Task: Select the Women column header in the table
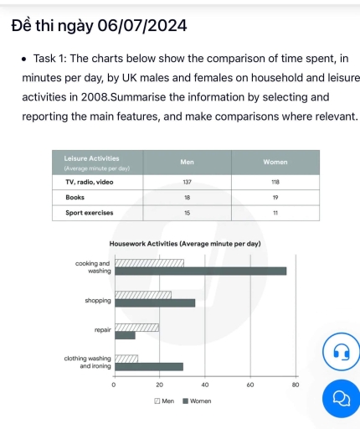pos(275,161)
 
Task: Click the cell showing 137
pos(187,181)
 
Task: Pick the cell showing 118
pos(275,181)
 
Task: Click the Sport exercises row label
pos(89,213)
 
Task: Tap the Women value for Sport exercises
pos(275,213)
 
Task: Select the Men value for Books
pos(187,197)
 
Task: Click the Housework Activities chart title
pos(185,243)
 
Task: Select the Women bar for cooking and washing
pos(200,271)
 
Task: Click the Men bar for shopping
pos(142,295)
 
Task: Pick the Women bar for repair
pos(125,335)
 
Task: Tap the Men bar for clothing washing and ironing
pos(126,359)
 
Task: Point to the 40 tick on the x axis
pos(204,384)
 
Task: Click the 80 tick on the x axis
pos(295,384)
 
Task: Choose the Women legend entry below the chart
pos(197,401)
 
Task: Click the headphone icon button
pos(341,351)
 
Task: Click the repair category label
pos(103,330)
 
